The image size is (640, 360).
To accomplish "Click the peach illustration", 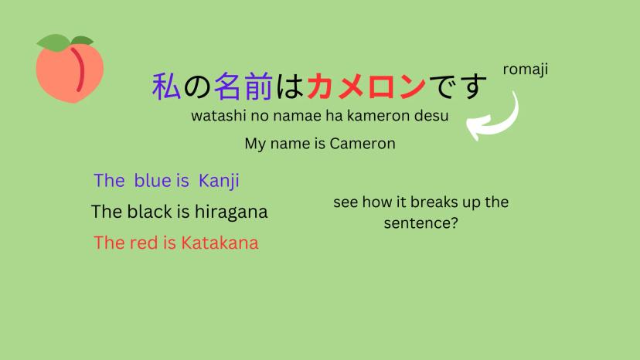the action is pos(70,69).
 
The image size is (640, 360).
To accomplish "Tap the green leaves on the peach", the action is pos(65,42).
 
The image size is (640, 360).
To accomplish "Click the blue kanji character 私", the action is pos(166,86).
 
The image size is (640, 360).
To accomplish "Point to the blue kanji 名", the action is pos(227,86).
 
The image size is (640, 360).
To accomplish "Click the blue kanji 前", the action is pos(258,86).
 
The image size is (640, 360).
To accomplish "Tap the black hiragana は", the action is pos(289,87).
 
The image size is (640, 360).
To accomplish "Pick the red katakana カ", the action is pos(321,86).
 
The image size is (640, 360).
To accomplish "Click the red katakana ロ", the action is pos(382,87).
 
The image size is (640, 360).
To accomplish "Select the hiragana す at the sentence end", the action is pos(472,87).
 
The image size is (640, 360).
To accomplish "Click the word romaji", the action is pos(526,70).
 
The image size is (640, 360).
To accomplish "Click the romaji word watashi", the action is pos(219,116).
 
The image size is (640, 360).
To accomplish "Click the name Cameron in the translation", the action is pos(363,143).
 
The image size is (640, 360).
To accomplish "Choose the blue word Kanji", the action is pos(219,181).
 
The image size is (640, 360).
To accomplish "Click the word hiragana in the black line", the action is pos(231,212).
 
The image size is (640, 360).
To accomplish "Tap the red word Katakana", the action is pos(220,243).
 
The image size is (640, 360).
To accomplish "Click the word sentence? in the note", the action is pos(420,223).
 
